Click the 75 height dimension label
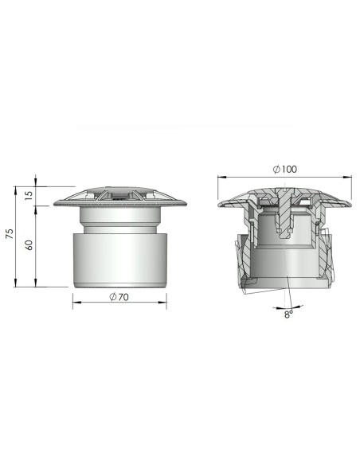point(10,233)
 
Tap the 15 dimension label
point(29,195)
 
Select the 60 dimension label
point(29,245)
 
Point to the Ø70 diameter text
point(119,297)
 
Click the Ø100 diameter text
point(284,170)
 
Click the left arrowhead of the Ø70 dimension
point(76,303)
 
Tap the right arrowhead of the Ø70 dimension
point(162,303)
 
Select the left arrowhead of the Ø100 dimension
point(221,177)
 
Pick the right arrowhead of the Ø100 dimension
point(347,177)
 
